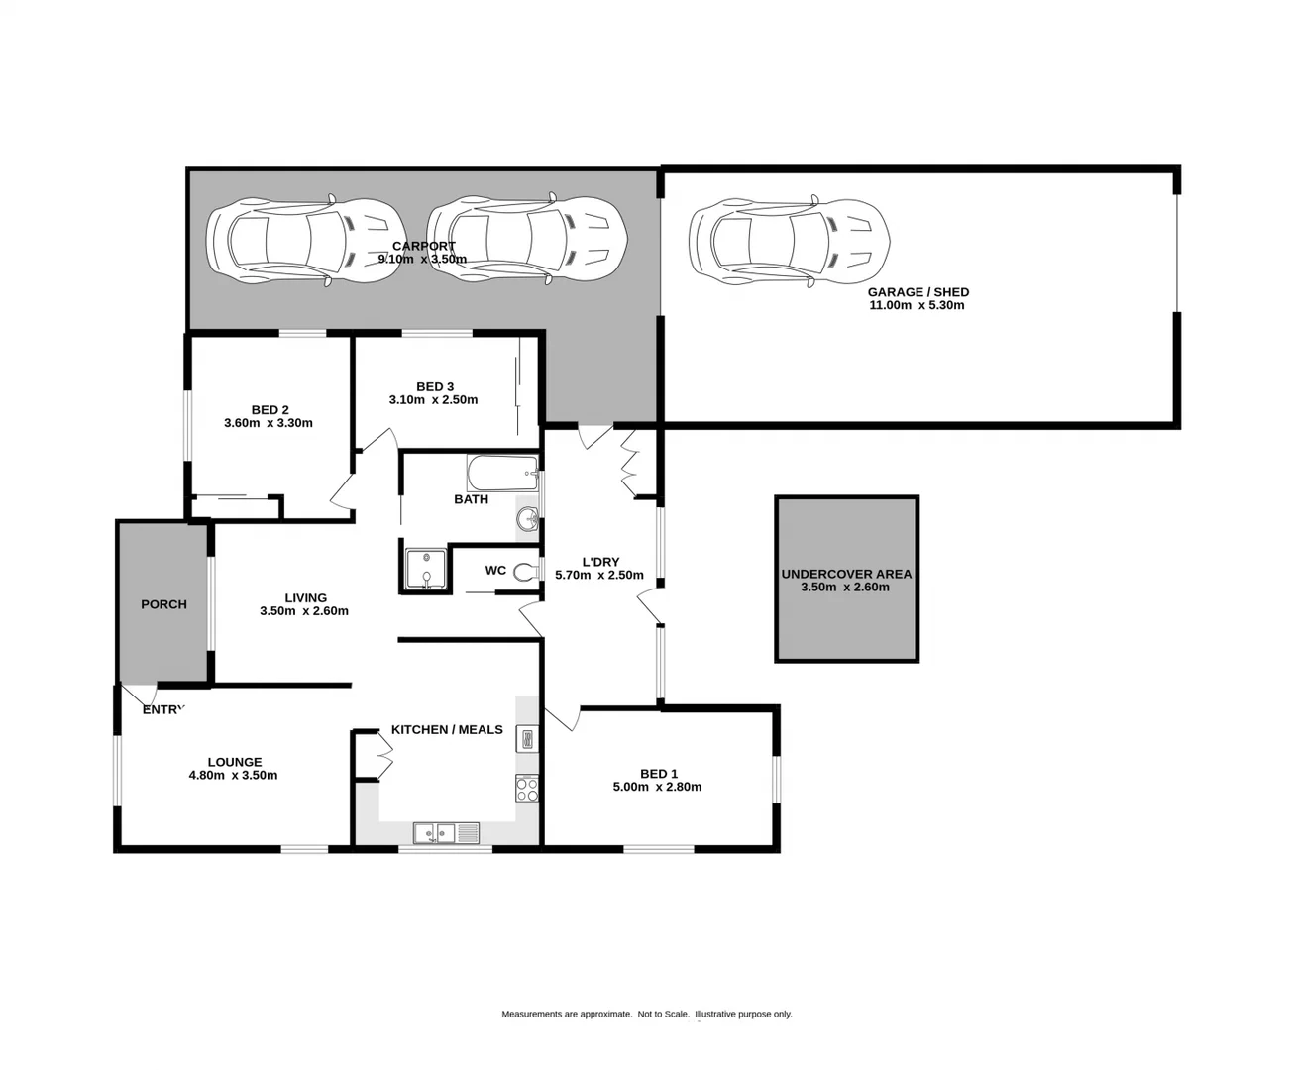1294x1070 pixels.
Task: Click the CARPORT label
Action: pyautogui.click(x=423, y=246)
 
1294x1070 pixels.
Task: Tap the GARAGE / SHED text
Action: pyautogui.click(x=917, y=292)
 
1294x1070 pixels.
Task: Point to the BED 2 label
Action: pyautogui.click(x=270, y=409)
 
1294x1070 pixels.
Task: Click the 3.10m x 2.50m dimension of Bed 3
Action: pyautogui.click(x=433, y=400)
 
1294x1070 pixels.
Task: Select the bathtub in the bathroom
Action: pyautogui.click(x=501, y=473)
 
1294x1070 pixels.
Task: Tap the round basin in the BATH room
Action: pyautogui.click(x=528, y=518)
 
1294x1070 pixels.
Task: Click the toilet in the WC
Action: pyautogui.click(x=526, y=571)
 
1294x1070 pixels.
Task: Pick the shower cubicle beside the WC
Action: pyautogui.click(x=426, y=570)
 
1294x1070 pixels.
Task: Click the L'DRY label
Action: pyautogui.click(x=599, y=562)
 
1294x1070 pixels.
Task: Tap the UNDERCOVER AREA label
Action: pyautogui.click(x=845, y=574)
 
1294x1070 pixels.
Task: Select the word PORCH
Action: pyautogui.click(x=163, y=604)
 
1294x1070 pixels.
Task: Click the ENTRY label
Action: pyautogui.click(x=163, y=709)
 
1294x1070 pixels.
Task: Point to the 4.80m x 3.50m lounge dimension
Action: pyautogui.click(x=233, y=775)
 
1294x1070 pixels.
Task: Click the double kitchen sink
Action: pyautogui.click(x=446, y=832)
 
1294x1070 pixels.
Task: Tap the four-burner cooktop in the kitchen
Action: pyautogui.click(x=526, y=789)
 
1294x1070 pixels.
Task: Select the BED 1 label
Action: pyautogui.click(x=658, y=774)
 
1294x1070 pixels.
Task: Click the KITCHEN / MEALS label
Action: pyautogui.click(x=447, y=729)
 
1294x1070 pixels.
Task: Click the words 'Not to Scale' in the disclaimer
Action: pyautogui.click(x=663, y=1014)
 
